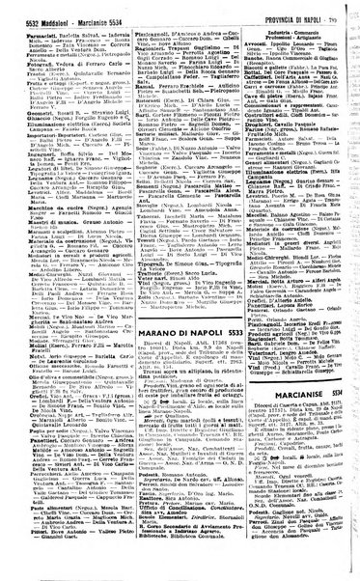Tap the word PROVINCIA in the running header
point(273,10)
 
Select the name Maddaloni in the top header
point(48,10)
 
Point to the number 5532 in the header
point(17,10)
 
